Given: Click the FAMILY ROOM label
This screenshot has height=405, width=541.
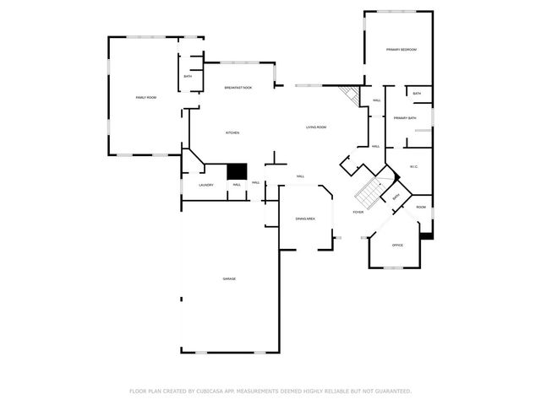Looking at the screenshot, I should (x=146, y=98).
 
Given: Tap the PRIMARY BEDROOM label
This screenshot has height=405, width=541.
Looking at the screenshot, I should (x=402, y=51).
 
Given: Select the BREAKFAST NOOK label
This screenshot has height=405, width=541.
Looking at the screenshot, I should (x=238, y=88).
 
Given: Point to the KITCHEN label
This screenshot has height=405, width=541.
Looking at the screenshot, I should (x=232, y=133).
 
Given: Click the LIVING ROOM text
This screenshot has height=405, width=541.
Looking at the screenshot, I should (x=316, y=127).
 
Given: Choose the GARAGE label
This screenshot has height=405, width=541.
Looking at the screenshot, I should (x=229, y=278).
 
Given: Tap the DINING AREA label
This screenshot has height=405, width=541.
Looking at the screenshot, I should (x=305, y=219).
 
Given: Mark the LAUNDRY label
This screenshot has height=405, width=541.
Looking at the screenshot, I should (x=205, y=185).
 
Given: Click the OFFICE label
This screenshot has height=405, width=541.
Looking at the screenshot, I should (x=397, y=246).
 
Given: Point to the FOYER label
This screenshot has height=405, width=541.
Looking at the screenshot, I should (x=358, y=213).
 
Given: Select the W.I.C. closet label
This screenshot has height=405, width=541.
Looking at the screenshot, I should (x=414, y=166).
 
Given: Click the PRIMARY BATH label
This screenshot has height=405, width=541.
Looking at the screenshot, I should (x=405, y=118).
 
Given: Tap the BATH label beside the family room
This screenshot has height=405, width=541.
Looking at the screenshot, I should (x=188, y=77).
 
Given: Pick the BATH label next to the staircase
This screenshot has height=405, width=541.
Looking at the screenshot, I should (x=395, y=198).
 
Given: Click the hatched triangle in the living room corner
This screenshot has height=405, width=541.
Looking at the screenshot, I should (x=348, y=94).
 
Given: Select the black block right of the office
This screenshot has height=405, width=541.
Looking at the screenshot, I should (x=427, y=235).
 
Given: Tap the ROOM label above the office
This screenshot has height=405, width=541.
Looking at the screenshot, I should (x=420, y=207).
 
